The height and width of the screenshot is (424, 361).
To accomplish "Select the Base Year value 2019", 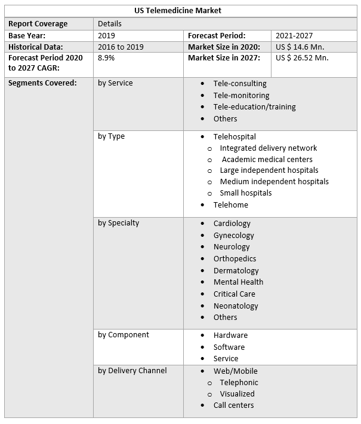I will point(107,35).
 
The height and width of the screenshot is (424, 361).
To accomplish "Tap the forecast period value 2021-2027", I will point(294,35).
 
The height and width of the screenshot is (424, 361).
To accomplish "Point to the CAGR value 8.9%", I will point(106,58).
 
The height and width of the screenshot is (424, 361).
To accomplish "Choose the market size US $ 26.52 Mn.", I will point(302,58).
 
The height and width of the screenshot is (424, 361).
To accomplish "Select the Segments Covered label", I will point(42,83).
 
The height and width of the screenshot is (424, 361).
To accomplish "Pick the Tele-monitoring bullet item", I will point(241,95).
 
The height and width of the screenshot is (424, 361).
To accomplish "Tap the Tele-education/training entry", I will point(254,107).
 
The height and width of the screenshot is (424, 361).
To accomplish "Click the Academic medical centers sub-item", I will point(267,160).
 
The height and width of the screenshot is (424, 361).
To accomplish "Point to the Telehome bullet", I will point(230,205).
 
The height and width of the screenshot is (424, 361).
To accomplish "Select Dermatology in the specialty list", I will point(236,271).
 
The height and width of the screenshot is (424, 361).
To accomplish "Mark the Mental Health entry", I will point(238,282).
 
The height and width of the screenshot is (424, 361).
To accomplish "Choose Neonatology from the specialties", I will point(236,306).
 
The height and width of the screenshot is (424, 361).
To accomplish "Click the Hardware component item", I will point(230,335).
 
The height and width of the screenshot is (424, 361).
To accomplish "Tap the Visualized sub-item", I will point(237,394).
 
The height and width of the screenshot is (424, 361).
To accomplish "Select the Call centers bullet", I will point(233,405).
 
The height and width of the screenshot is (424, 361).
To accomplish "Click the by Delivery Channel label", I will point(132,371).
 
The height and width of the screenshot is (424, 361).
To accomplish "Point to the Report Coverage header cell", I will point(38,24).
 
